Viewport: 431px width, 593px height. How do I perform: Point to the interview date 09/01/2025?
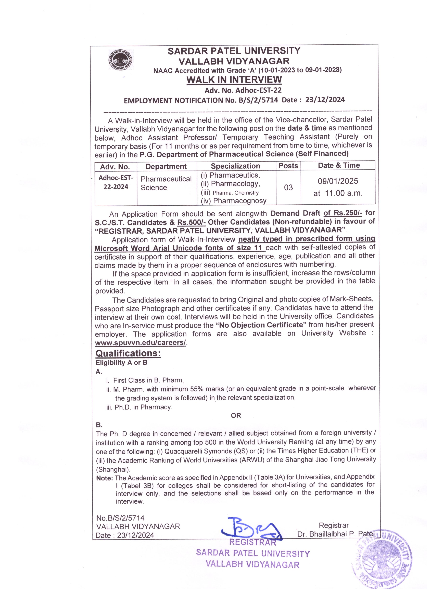pos(338,181)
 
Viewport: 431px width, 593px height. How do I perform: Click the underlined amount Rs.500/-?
pos(191,222)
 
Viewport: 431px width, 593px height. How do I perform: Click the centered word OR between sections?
pos(236,415)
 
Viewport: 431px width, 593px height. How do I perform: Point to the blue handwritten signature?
pos(251,529)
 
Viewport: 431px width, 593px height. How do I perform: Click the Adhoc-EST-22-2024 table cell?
pos(116,182)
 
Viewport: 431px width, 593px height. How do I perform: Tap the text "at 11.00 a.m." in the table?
pos(338,193)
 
